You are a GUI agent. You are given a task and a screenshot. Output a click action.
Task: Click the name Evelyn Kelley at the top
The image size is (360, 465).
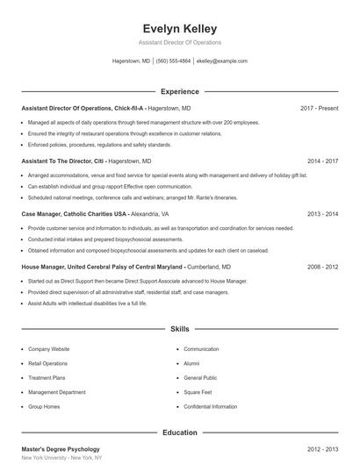179,29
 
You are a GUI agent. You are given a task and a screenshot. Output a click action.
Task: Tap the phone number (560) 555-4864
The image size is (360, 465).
174,61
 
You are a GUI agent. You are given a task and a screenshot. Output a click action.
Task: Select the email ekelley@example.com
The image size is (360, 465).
222,61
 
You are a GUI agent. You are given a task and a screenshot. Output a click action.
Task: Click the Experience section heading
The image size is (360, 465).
179,91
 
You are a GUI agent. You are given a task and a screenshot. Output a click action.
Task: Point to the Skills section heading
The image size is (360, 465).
179,329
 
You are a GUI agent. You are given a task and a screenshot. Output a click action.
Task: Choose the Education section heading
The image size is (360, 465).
179,433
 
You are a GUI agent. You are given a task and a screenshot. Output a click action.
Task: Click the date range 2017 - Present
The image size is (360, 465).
319,108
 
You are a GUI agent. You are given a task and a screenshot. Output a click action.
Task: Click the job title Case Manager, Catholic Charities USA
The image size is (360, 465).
76,214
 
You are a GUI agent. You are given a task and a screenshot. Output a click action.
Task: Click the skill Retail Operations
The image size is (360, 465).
47,363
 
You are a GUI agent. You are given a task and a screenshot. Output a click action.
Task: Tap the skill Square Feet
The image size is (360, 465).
199,392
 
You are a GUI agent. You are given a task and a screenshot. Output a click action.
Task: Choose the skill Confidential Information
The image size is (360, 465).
210,407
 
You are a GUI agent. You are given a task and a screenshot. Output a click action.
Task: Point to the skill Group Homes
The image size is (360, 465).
43,407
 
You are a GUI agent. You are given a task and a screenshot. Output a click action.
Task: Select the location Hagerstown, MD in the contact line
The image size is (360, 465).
131,61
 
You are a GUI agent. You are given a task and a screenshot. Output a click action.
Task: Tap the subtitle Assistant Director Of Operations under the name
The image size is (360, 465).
179,42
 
